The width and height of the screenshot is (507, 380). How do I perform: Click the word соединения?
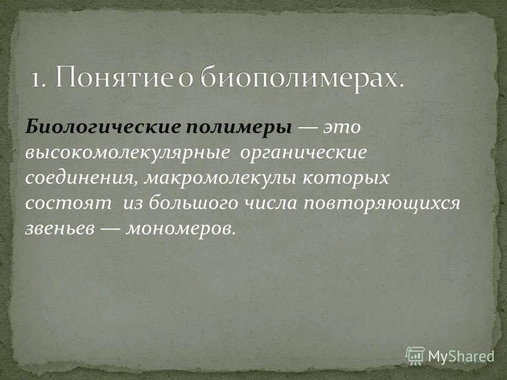[x=81, y=178]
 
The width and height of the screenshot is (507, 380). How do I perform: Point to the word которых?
[x=345, y=178]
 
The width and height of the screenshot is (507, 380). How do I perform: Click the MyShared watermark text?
[x=461, y=356]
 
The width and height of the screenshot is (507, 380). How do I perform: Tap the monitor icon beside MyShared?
[x=415, y=355]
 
